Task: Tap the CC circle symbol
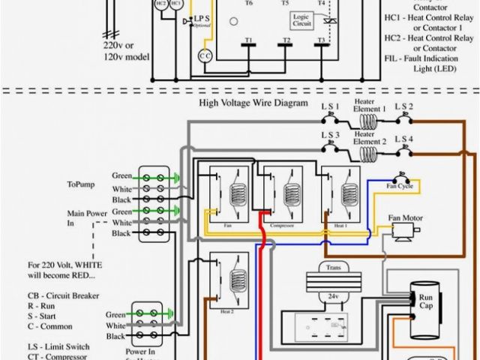click(x=205, y=57)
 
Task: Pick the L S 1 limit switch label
click(x=331, y=107)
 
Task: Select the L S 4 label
click(x=405, y=140)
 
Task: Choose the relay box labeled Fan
click(x=226, y=197)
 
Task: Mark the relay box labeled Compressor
click(x=277, y=197)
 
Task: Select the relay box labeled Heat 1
click(x=340, y=197)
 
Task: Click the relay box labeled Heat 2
click(x=226, y=283)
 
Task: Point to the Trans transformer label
click(x=333, y=267)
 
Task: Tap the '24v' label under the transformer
click(x=333, y=297)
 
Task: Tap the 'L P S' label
click(x=202, y=18)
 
